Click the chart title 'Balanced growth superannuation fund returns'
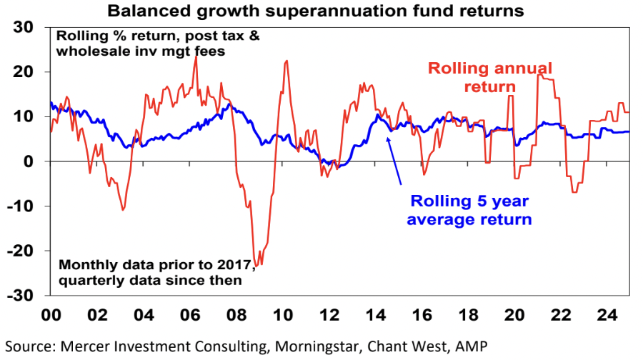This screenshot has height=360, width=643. tap(315, 11)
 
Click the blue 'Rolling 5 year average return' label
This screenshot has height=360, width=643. tap(469, 210)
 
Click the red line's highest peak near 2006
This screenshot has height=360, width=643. tap(196, 56)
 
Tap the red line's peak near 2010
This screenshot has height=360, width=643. tap(286, 61)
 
